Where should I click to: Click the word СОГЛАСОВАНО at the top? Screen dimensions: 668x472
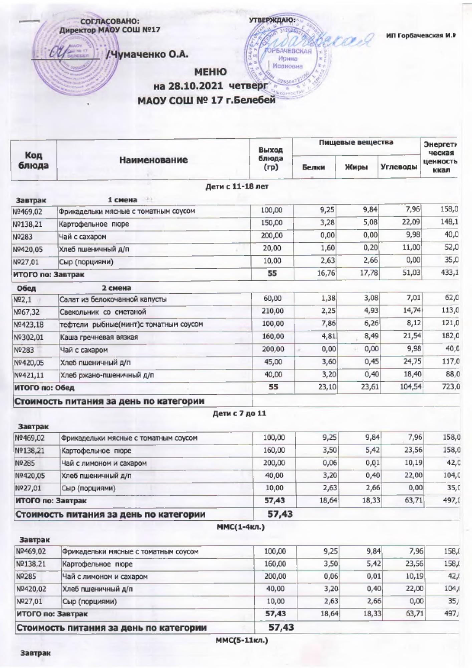(110, 22)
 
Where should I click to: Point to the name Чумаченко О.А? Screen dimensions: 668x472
(149, 54)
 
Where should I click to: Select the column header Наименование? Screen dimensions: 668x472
(153, 160)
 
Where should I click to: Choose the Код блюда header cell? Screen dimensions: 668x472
(34, 160)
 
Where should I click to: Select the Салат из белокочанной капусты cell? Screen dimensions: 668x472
(113, 299)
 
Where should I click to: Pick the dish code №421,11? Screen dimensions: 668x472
(29, 375)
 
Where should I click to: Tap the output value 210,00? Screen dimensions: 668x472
(273, 311)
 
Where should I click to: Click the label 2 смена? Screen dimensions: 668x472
(116, 288)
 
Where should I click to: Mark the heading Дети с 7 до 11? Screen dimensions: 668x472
(239, 413)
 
